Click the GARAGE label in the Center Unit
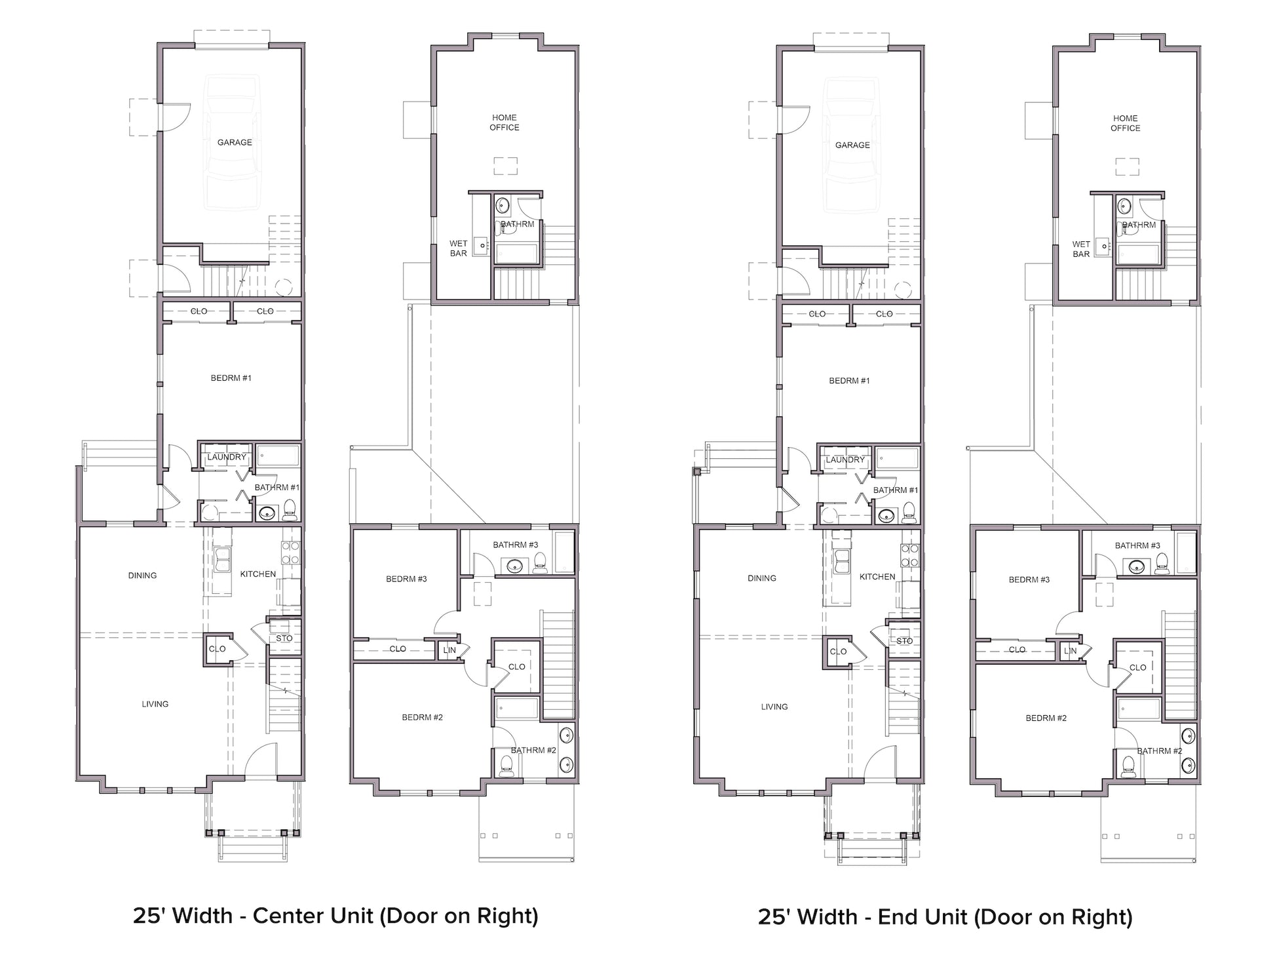point(235,142)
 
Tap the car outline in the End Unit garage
point(852,145)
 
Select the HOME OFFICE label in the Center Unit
point(504,123)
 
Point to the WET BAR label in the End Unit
point(1081,249)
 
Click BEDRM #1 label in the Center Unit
point(231,378)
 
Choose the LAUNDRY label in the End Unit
point(845,459)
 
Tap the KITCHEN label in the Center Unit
point(258,574)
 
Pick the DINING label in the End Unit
point(762,578)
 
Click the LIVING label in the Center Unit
point(155,704)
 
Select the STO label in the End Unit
point(904,641)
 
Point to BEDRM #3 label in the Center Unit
point(406,579)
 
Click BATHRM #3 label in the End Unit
point(1137,545)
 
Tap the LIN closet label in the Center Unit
point(449,650)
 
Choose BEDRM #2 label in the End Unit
point(1046,718)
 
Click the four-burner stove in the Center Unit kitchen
point(290,553)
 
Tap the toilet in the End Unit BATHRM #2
point(1127,766)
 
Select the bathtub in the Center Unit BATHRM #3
point(564,553)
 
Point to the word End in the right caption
point(896,916)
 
